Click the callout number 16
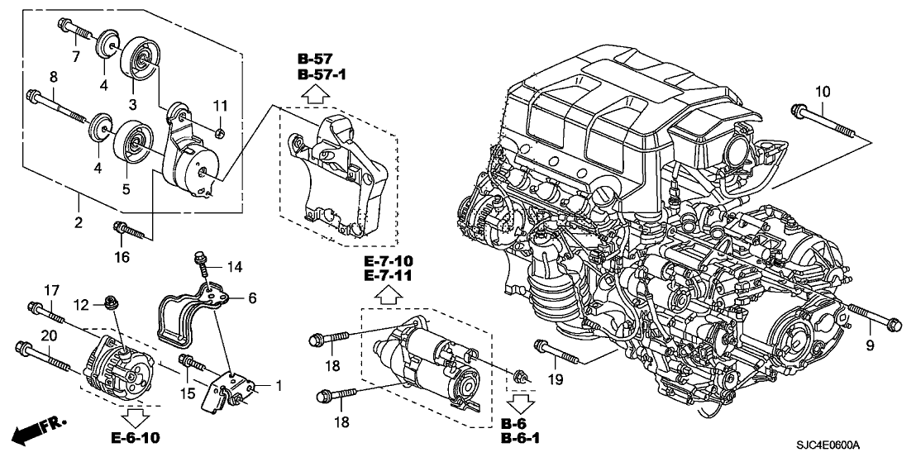coord(122,257)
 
